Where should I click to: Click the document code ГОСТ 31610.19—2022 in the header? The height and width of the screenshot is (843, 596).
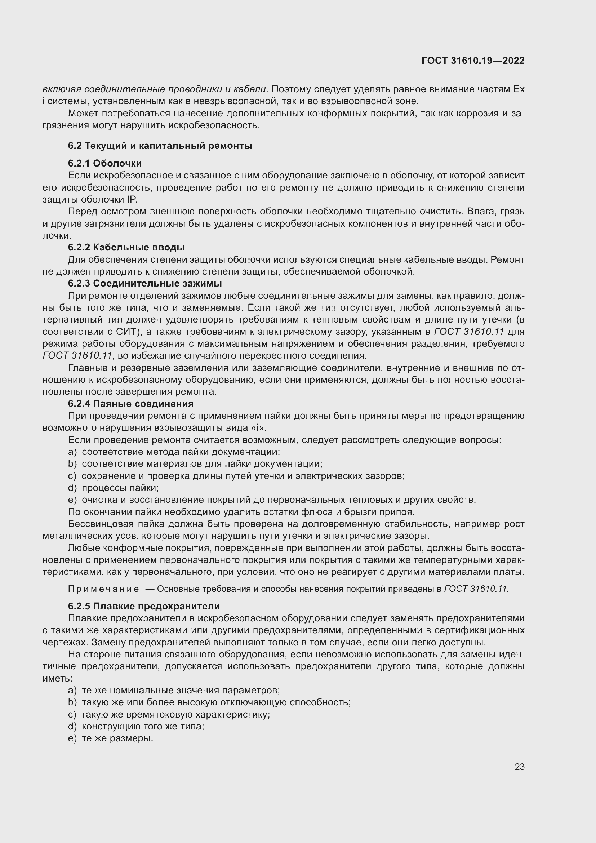tap(473, 61)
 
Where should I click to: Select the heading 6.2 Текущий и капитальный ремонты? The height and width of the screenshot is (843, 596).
tap(160, 146)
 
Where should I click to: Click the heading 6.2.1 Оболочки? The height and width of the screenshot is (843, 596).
tap(104, 163)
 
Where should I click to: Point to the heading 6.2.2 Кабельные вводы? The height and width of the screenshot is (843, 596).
tap(126, 247)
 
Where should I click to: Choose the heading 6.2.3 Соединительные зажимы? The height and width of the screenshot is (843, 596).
tap(144, 283)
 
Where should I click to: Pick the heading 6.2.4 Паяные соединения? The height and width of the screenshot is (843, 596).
tap(131, 404)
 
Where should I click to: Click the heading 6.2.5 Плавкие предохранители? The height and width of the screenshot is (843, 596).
tap(144, 606)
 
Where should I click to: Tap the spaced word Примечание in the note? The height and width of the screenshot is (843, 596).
tap(103, 589)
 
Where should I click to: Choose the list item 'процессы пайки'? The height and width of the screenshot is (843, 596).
tap(120, 488)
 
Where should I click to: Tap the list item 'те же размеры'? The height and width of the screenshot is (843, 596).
tap(117, 738)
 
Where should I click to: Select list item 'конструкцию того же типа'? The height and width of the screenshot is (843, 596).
tap(143, 726)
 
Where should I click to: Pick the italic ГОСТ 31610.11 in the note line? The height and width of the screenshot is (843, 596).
tap(476, 589)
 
